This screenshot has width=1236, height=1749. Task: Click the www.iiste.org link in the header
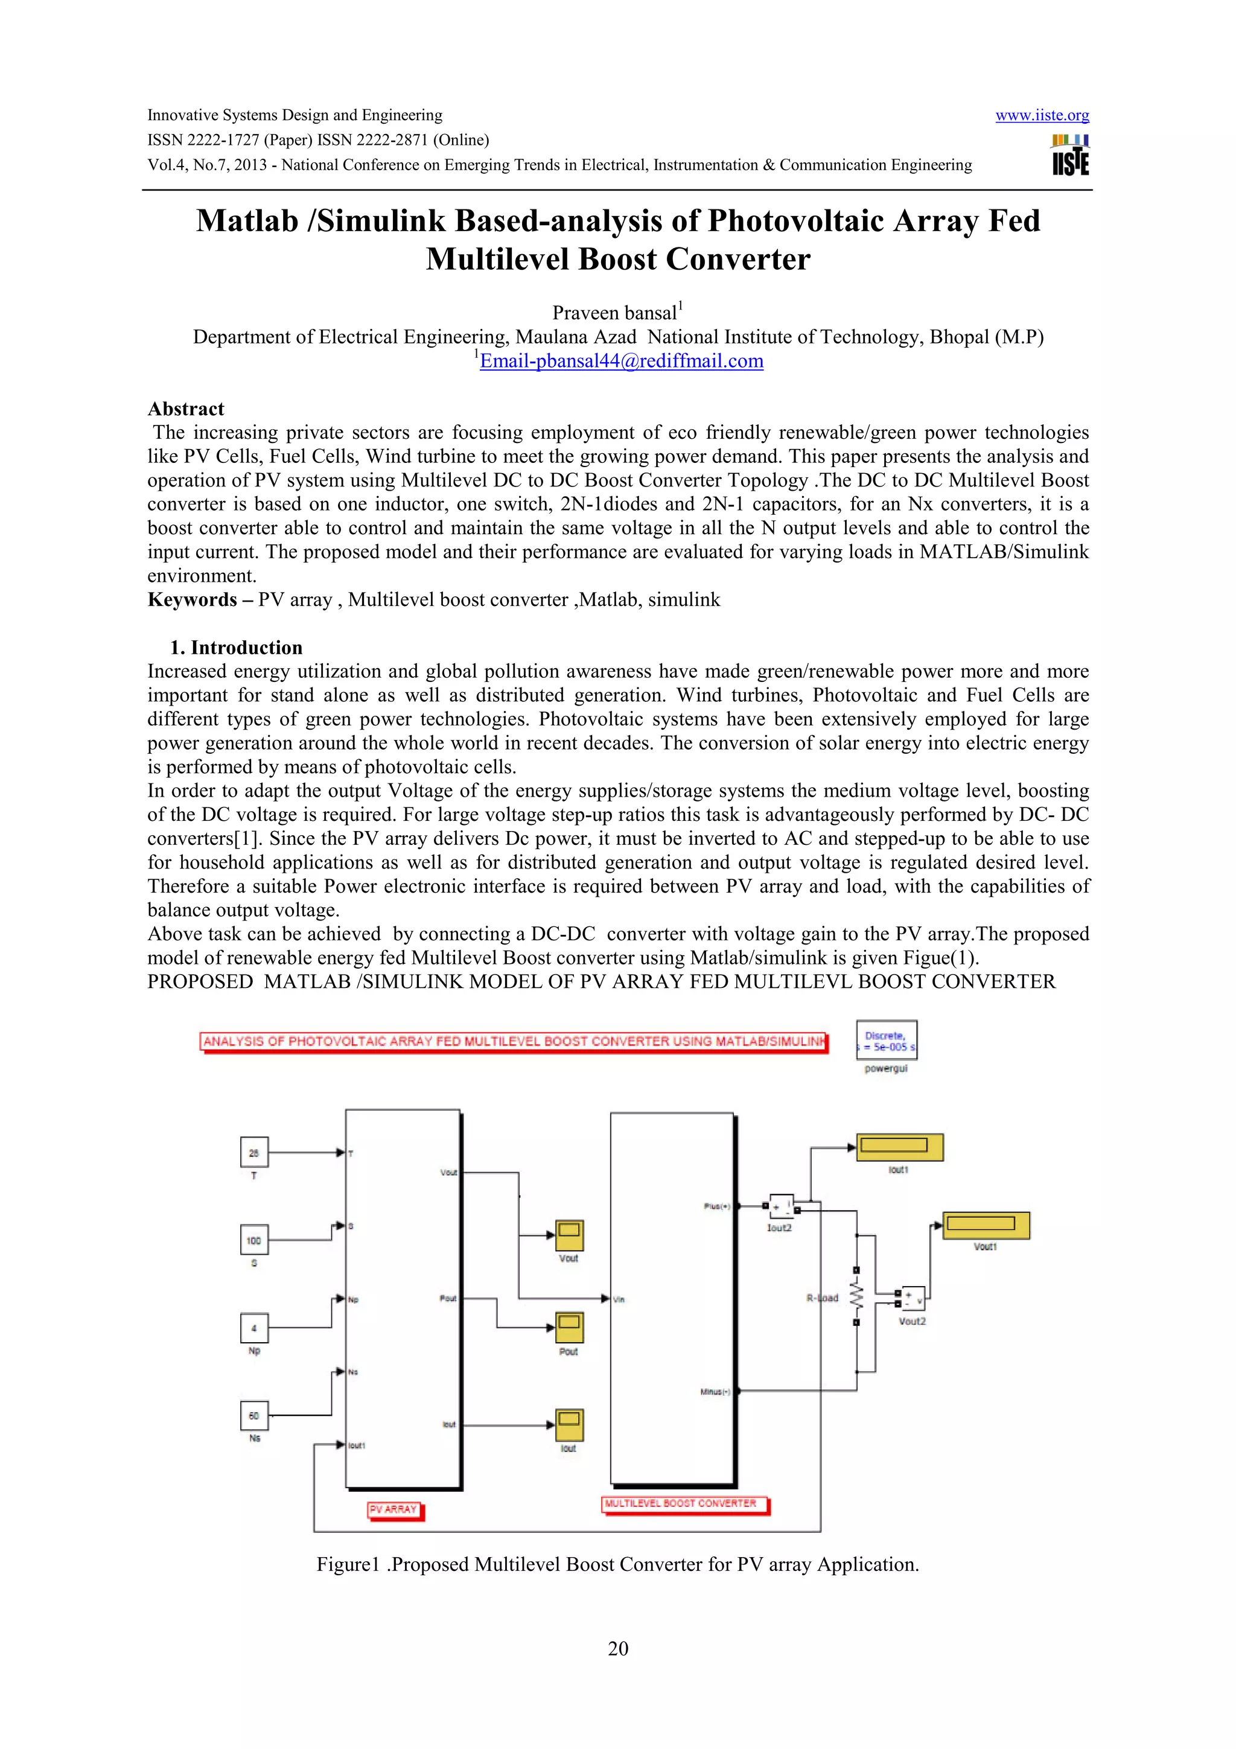tap(1041, 116)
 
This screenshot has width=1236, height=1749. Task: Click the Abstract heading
tap(186, 409)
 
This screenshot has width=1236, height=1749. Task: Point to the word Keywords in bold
tap(192, 599)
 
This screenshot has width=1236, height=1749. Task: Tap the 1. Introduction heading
tap(236, 648)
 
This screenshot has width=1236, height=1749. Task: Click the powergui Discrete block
tap(887, 1040)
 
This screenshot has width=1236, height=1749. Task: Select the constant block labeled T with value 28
tap(253, 1153)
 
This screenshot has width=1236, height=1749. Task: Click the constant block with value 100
tap(253, 1240)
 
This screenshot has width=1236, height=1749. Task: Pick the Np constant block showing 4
tap(253, 1328)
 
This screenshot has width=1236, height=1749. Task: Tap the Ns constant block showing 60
tap(253, 1415)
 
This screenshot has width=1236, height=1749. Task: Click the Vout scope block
tap(569, 1235)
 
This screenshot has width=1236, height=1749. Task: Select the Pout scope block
tap(569, 1328)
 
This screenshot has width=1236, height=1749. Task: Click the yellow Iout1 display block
tap(899, 1147)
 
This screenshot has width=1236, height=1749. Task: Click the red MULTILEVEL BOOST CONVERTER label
tap(683, 1504)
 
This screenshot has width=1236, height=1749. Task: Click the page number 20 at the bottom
tap(617, 1648)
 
